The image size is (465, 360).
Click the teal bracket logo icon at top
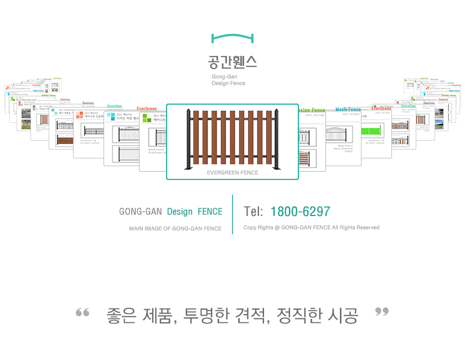232,38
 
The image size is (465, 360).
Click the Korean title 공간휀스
232,61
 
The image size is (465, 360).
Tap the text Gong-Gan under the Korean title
224,76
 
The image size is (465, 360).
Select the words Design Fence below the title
228,84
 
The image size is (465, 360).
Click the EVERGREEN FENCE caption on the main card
232,173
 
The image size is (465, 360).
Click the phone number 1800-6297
300,212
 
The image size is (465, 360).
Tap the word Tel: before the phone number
253,212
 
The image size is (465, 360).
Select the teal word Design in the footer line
180,212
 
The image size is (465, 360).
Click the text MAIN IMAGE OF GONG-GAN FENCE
175,228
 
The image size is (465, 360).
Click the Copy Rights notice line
311,228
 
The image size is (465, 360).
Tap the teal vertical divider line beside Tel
232,214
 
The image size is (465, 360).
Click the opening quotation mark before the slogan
82,313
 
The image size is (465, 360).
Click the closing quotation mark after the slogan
382,312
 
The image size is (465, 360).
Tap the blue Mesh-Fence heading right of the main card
348,110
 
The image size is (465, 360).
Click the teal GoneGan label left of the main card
115,106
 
